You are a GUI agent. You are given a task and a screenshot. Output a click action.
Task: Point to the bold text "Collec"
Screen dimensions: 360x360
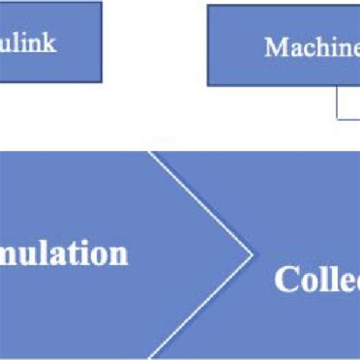317,280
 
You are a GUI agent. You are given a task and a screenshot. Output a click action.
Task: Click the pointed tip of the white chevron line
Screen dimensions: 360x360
251,252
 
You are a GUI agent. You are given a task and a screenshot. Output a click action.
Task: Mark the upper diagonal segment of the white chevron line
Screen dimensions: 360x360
199,201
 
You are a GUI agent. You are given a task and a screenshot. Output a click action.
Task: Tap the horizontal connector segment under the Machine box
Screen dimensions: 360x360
349,118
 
